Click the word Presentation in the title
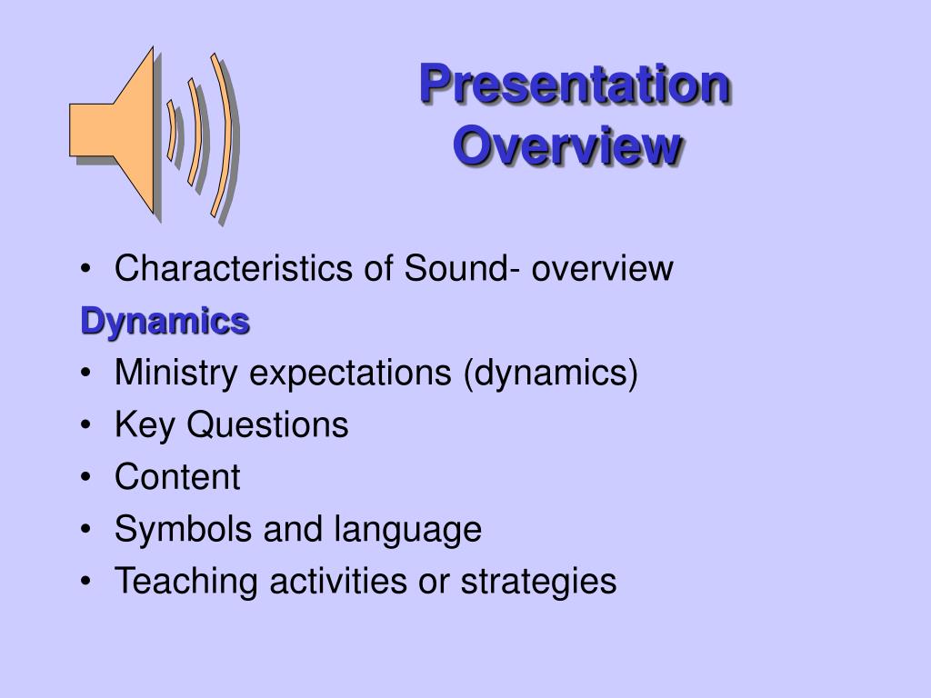pyautogui.click(x=575, y=85)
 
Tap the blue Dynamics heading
pyautogui.click(x=165, y=323)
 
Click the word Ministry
pyautogui.click(x=176, y=374)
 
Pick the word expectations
pyautogui.click(x=350, y=374)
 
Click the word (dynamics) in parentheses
pyautogui.click(x=550, y=374)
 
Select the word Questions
pyautogui.click(x=268, y=425)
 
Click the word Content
pyautogui.click(x=177, y=476)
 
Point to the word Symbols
pyautogui.click(x=184, y=530)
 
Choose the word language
pyautogui.click(x=408, y=530)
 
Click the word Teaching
pyautogui.click(x=186, y=582)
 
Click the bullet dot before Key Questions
pyautogui.click(x=86, y=425)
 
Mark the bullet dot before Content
pyautogui.click(x=86, y=477)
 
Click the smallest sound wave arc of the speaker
pyautogui.click(x=173, y=131)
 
